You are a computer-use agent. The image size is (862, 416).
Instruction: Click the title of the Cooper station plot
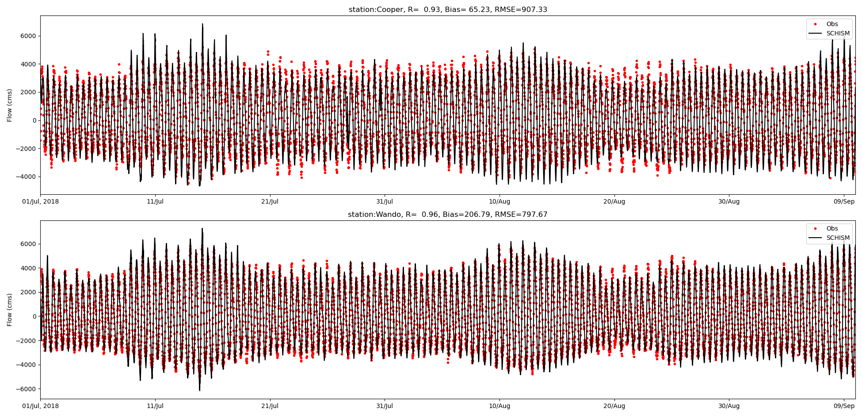pos(448,10)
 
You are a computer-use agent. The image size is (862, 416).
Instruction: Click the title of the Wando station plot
pos(447,215)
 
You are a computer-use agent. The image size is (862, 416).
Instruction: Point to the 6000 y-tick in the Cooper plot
pos(28,36)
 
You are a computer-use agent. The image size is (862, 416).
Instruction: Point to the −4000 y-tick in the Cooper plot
pos(27,177)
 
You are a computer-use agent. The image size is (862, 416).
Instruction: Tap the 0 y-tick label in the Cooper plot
pos(34,120)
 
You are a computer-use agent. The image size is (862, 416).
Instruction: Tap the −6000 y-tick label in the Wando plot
pos(27,389)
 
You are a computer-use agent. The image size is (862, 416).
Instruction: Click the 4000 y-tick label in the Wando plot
pos(28,268)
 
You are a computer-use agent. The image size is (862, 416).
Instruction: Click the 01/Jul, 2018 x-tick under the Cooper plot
pos(40,202)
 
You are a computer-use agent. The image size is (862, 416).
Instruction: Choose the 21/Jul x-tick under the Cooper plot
pos(270,202)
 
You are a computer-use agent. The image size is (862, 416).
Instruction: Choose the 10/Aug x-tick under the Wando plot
pos(500,406)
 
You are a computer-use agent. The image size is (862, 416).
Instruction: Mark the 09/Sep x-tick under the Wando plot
pos(844,406)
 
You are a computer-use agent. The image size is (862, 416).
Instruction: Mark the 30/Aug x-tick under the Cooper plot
pos(729,202)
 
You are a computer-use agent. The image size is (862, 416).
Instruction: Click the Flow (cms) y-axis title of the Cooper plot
pos(10,105)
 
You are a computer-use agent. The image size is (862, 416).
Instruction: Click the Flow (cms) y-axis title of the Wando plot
pos(10,310)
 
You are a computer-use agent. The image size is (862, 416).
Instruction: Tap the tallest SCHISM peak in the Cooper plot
pos(202,24)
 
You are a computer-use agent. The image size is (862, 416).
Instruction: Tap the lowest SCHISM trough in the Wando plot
pos(199,390)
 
